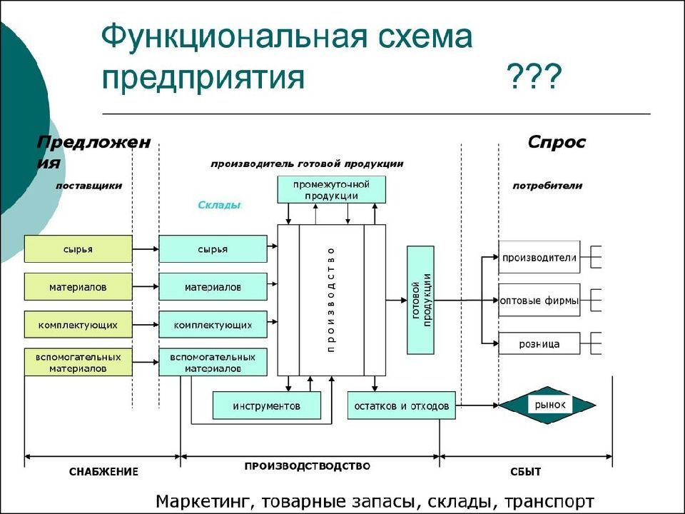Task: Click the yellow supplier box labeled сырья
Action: click(78, 248)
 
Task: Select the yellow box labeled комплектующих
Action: click(78, 325)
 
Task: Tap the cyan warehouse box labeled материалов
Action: click(213, 287)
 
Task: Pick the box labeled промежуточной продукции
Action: click(332, 190)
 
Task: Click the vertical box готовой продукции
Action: click(421, 300)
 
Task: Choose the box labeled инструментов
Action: click(266, 405)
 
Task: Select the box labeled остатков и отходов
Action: click(402, 405)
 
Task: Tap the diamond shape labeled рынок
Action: click(547, 405)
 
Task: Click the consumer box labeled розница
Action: click(539, 343)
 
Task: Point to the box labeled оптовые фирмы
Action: click(539, 301)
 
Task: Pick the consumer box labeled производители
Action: click(539, 257)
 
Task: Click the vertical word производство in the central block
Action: click(331, 300)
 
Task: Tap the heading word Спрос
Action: click(556, 141)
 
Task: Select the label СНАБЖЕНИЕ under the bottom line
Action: click(103, 472)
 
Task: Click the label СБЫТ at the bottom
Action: click(526, 472)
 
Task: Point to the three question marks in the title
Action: click(534, 77)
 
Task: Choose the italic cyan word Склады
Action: click(219, 205)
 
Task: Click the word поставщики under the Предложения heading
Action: click(88, 186)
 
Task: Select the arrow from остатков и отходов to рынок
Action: click(477, 405)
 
